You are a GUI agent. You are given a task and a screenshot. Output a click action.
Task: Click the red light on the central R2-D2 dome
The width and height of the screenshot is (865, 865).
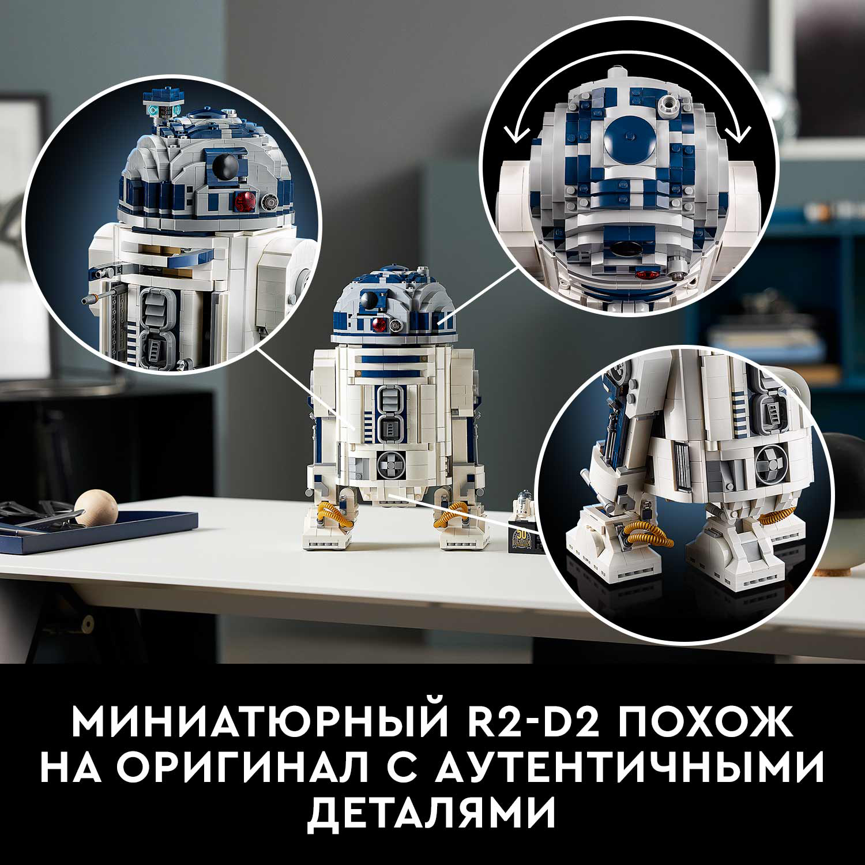(379, 325)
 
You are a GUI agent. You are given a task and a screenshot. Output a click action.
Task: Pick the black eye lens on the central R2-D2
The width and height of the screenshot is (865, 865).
(369, 299)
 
